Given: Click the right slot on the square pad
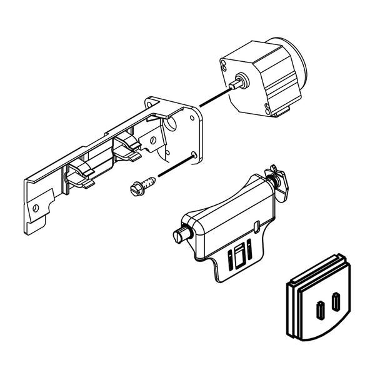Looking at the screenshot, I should click(337, 302).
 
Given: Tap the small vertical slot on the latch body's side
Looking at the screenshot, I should click(258, 225).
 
